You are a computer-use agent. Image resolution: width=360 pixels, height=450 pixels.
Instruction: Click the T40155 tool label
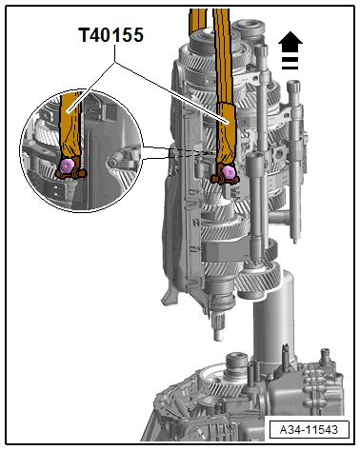111,35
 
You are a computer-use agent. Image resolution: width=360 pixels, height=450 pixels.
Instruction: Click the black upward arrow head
290,42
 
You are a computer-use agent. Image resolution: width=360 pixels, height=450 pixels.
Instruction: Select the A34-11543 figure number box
310,430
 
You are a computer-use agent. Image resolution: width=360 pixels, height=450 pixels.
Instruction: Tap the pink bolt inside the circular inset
68,166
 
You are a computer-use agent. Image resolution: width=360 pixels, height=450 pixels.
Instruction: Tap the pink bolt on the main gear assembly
228,171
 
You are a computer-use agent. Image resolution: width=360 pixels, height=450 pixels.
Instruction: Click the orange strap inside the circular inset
70,124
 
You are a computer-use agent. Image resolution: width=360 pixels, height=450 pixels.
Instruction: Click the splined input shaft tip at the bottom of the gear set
217,327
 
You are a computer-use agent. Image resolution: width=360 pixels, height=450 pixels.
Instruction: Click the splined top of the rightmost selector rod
294,88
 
